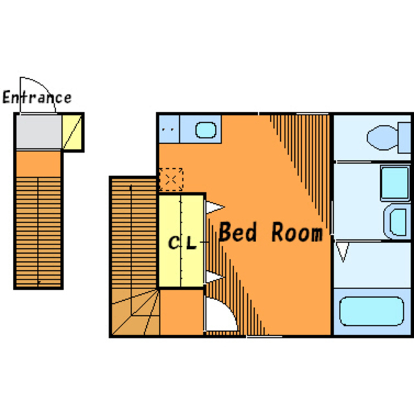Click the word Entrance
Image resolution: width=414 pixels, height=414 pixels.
[x=37, y=97]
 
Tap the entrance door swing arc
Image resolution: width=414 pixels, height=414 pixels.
[x=45, y=87]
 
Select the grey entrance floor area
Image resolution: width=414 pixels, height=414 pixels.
[x=39, y=132]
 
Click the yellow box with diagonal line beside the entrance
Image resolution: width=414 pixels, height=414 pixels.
[x=72, y=132]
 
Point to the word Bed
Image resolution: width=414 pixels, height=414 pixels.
[x=237, y=232]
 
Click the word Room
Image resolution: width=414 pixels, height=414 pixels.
[x=297, y=232]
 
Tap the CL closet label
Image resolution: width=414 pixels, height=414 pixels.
[x=182, y=243]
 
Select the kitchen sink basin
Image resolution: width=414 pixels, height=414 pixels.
[x=206, y=130]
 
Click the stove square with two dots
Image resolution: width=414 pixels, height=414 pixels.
[x=169, y=129]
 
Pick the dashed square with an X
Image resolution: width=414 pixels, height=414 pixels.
[x=171, y=180]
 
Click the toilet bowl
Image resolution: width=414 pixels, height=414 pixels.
[x=382, y=138]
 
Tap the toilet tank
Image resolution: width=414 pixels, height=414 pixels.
[x=404, y=138]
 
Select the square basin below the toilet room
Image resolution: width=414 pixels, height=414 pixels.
[x=395, y=183]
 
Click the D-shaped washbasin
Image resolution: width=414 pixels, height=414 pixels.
[x=397, y=222]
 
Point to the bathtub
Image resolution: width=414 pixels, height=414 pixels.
[x=372, y=311]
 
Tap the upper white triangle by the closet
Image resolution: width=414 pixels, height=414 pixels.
[x=215, y=208]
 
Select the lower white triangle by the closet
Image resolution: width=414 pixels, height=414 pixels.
[x=215, y=278]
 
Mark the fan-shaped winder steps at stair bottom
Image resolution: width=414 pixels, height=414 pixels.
[x=136, y=312]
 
